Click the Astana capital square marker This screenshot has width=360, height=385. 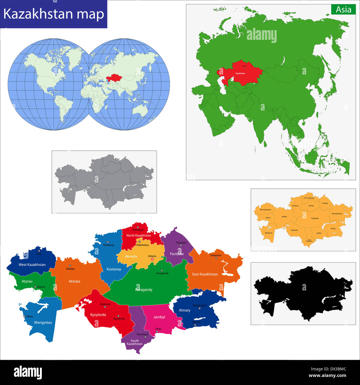click(152, 259)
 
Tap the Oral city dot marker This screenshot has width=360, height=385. click(39, 251)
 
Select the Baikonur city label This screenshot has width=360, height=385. click(106, 304)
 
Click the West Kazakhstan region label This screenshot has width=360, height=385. click(32, 265)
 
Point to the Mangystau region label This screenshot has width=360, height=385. click(43, 323)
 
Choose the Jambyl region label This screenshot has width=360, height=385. click(159, 317)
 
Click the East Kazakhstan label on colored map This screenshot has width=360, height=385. click(205, 274)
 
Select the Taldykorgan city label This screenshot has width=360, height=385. click(199, 305)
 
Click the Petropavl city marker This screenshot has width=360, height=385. click(138, 227)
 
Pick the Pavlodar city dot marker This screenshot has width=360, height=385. click(181, 245)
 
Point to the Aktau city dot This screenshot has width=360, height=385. click(24, 316)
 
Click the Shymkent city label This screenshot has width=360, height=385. click(143, 334)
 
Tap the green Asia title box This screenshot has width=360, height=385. click(343, 10)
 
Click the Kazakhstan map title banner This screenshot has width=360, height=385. click(54, 14)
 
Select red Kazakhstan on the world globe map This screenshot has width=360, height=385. click(114, 77)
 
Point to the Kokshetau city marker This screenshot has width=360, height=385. click(139, 242)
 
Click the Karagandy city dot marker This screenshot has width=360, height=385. click(162, 270)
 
